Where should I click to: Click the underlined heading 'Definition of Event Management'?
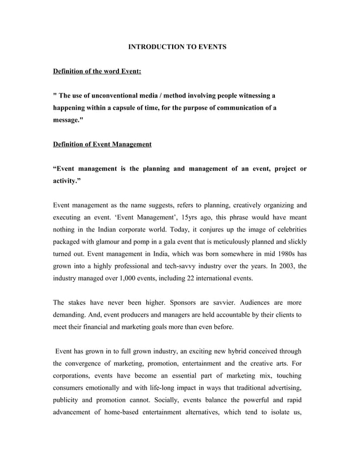tap(102, 144)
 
